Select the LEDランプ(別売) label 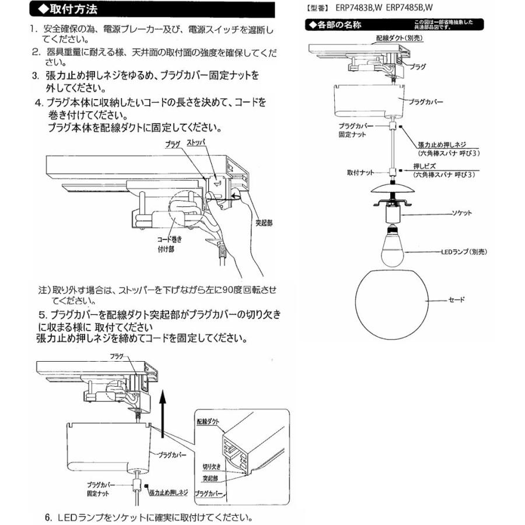point(463,251)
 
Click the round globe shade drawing point(393,303)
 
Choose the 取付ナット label point(360,173)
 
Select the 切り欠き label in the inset point(213,467)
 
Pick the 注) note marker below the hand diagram point(44,290)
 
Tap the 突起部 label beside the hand point(264,222)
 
